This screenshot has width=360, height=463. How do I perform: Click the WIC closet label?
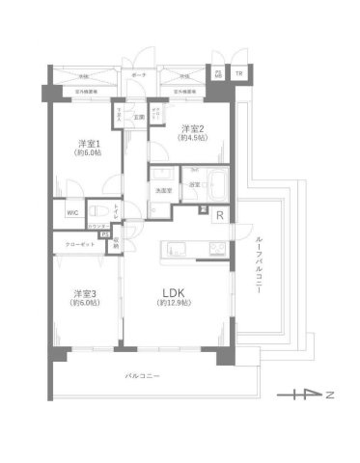[x=72, y=211]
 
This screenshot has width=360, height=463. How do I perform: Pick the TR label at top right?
[x=239, y=74]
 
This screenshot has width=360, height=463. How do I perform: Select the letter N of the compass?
[x=329, y=395]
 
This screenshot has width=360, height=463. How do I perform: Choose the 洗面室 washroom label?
[x=159, y=190]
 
